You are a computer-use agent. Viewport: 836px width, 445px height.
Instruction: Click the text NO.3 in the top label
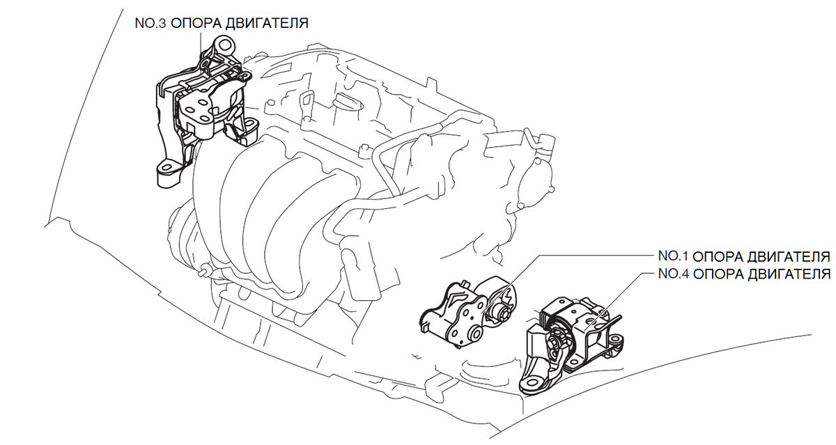click(150, 24)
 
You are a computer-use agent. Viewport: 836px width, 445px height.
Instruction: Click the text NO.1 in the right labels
click(673, 256)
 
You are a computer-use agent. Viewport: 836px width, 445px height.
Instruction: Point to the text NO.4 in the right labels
click(673, 274)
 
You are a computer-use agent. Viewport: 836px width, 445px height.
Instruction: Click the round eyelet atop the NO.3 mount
click(224, 45)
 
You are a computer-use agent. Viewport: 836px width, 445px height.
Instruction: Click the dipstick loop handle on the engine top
click(306, 100)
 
